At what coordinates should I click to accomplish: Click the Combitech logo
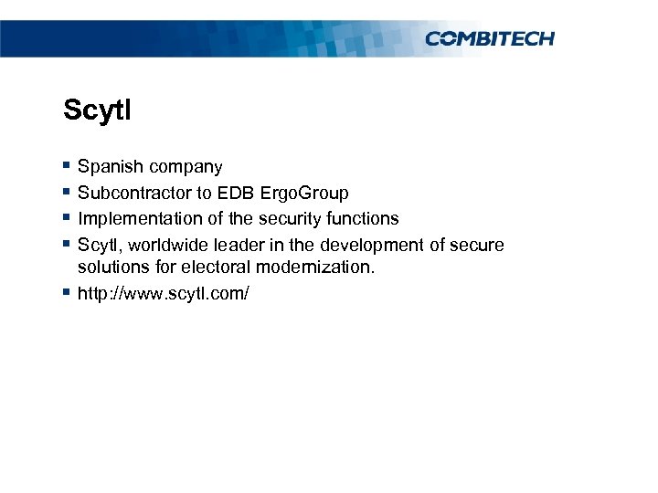click(490, 38)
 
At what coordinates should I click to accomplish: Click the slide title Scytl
click(98, 111)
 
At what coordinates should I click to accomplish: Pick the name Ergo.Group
click(304, 194)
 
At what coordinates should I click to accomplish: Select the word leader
click(237, 245)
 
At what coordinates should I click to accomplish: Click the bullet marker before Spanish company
click(67, 166)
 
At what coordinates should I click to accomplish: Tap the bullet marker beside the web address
click(67, 292)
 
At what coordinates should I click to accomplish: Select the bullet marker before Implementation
click(67, 218)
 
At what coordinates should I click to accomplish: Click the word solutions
click(111, 268)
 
